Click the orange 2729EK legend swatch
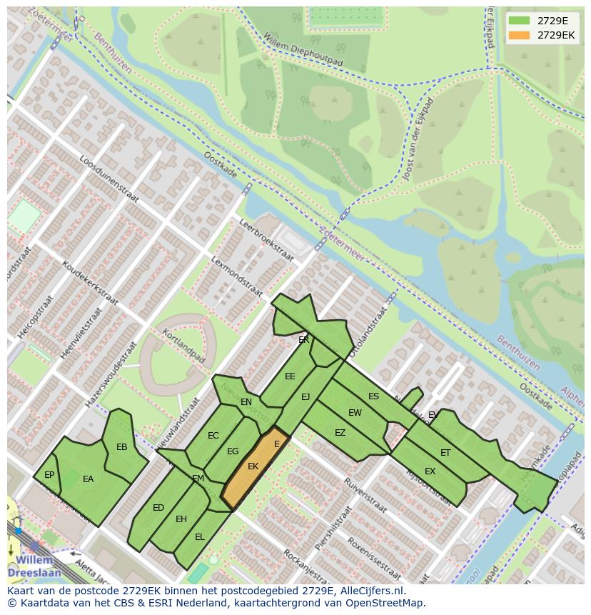click(x=519, y=35)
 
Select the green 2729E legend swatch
click(x=519, y=20)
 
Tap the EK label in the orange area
click(x=253, y=466)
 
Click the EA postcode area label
click(x=88, y=479)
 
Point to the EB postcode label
click(x=121, y=447)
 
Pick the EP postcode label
click(x=49, y=474)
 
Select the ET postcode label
click(x=445, y=453)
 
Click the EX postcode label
click(x=430, y=471)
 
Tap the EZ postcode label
click(x=340, y=433)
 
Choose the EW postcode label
click(x=355, y=413)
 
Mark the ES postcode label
click(x=373, y=396)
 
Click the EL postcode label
click(x=200, y=536)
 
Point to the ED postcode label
click(x=158, y=508)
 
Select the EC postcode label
click(x=213, y=436)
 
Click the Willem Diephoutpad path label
click(x=303, y=51)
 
